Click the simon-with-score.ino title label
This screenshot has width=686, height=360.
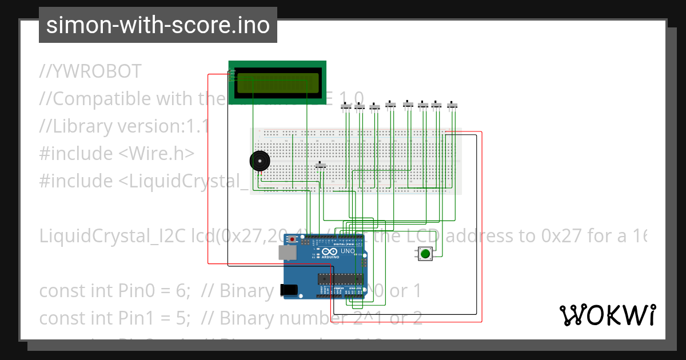[x=158, y=25]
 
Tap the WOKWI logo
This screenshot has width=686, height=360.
[x=607, y=315]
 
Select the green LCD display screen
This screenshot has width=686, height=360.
[x=277, y=83]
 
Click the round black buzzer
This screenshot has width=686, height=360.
[x=260, y=161]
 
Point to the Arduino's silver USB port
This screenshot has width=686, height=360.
[x=287, y=253]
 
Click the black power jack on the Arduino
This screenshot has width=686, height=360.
[x=290, y=290]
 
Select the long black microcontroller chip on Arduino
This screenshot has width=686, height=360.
[x=340, y=278]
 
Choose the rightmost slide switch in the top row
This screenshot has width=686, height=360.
[x=453, y=105]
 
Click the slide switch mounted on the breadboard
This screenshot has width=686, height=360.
[x=321, y=165]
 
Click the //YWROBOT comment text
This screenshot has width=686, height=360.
[x=90, y=71]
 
